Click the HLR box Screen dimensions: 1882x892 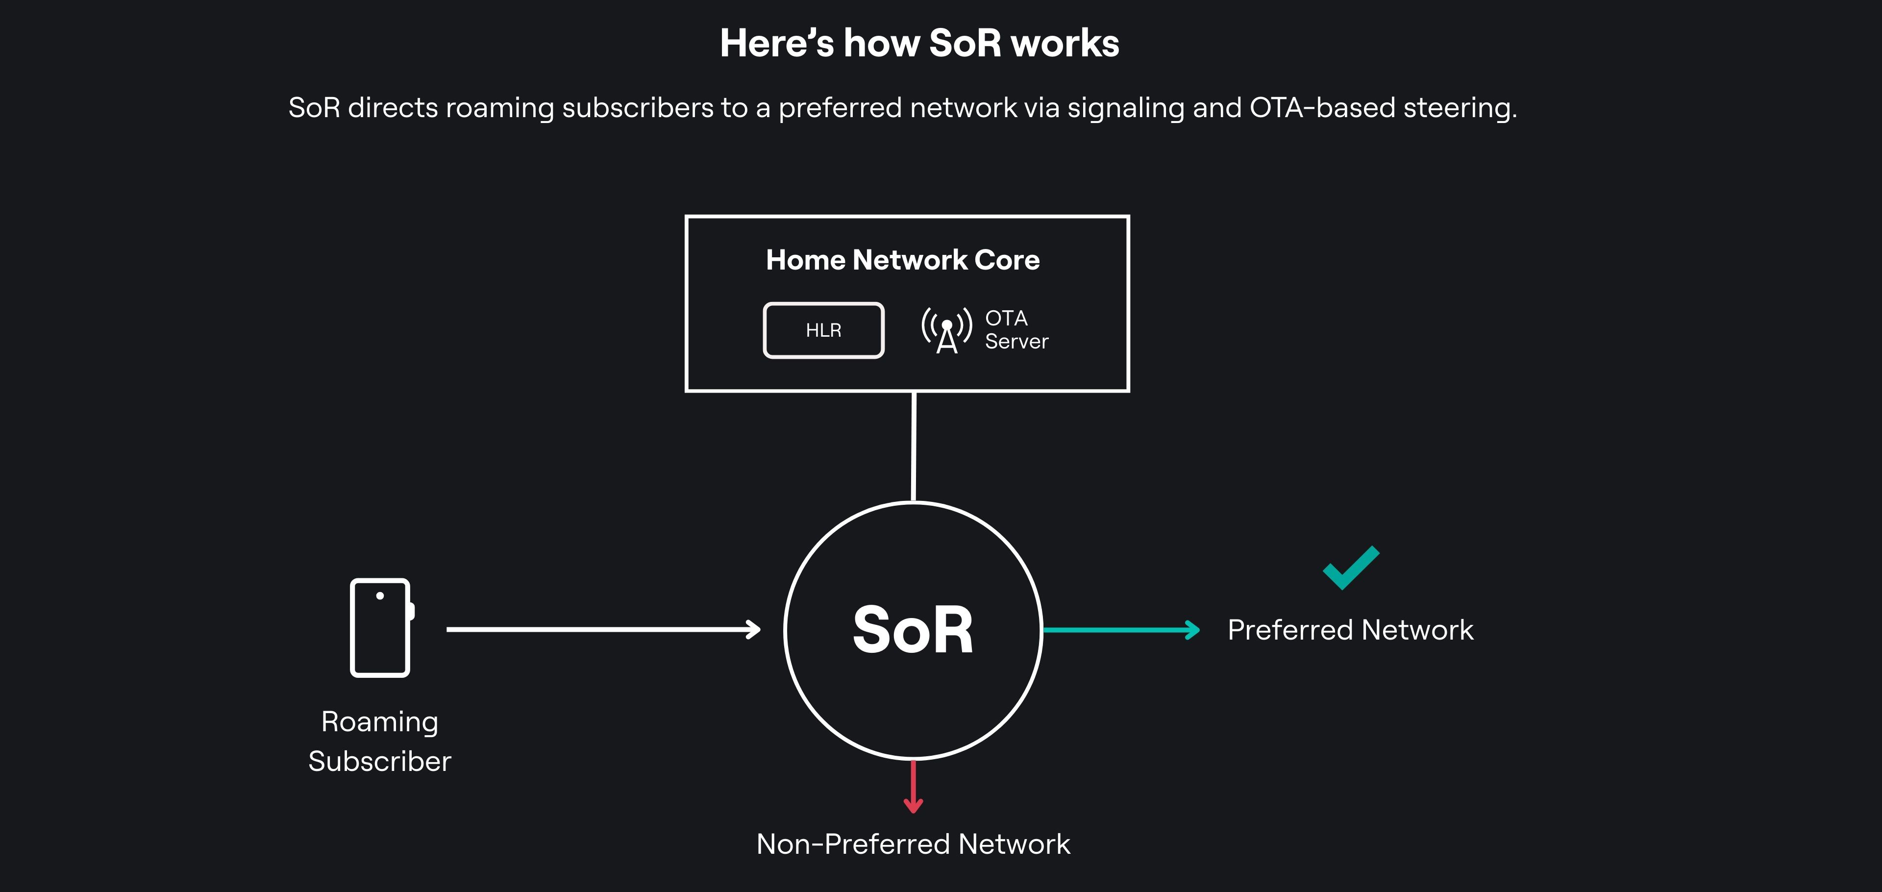pyautogui.click(x=823, y=330)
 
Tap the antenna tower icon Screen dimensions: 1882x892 pyautogui.click(x=947, y=331)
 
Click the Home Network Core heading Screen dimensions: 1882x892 pyautogui.click(x=902, y=260)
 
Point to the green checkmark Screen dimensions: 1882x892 pyautogui.click(x=1351, y=568)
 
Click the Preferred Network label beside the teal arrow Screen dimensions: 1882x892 pyautogui.click(x=1350, y=630)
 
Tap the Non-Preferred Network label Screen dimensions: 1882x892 pyautogui.click(x=913, y=844)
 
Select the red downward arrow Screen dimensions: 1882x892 pyautogui.click(x=913, y=787)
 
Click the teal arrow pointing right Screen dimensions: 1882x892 pyautogui.click(x=1121, y=630)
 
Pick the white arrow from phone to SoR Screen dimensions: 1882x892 pyautogui.click(x=603, y=629)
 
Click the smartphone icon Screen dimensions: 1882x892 pyautogui.click(x=381, y=627)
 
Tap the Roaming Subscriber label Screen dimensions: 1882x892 pyautogui.click(x=380, y=742)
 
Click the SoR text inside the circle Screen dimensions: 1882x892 pyautogui.click(x=913, y=630)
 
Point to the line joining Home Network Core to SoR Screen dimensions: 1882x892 pyautogui.click(x=914, y=447)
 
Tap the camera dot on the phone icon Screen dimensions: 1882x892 pyautogui.click(x=380, y=596)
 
